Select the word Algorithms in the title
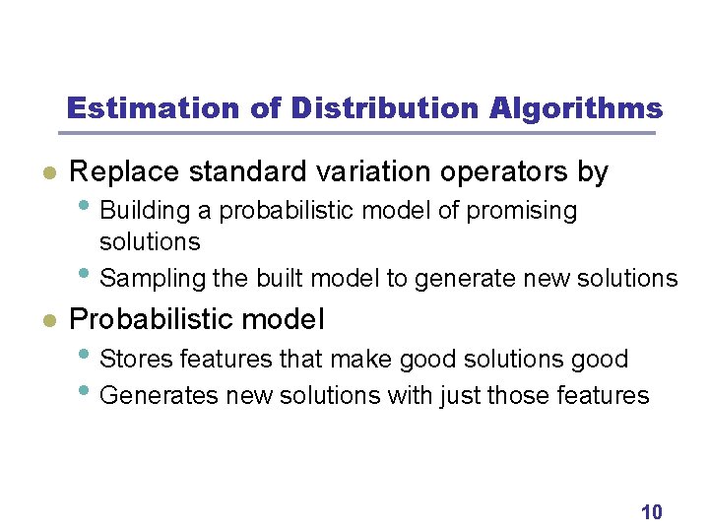tap(576, 107)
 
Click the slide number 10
tap(651, 511)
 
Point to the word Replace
tap(125, 172)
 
